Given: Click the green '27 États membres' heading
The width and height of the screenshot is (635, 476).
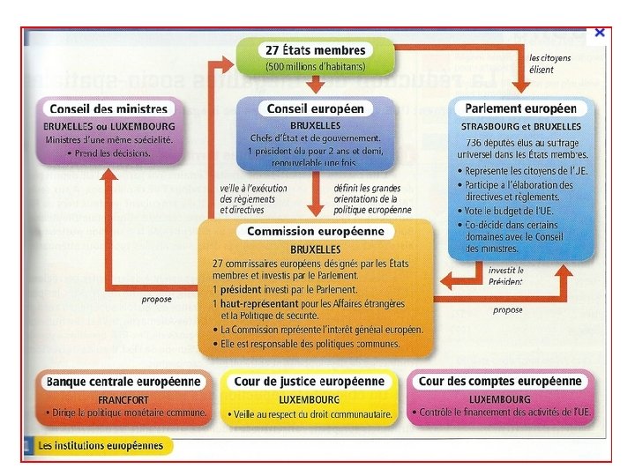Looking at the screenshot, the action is (x=315, y=50).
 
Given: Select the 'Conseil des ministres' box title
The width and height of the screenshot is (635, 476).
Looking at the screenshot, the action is (x=108, y=109).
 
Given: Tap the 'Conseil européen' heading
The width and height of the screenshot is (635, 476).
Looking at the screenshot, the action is (x=315, y=108).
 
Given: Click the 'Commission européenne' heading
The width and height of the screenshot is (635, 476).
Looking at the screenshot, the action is (x=315, y=232).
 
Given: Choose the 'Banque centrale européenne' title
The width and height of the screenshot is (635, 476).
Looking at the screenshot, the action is (x=123, y=382).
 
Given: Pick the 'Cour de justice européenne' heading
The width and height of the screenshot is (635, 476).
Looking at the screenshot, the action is (x=309, y=382).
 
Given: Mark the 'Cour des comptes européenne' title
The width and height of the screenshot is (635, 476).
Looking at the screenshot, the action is (x=500, y=382).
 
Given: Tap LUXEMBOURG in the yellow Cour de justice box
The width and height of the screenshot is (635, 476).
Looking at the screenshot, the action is (x=309, y=398).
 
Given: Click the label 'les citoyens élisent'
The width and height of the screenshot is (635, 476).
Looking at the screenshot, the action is (x=549, y=63).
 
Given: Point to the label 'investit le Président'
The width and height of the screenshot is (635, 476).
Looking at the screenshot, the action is (x=506, y=276).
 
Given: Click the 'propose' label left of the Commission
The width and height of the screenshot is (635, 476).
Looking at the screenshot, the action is (x=156, y=299).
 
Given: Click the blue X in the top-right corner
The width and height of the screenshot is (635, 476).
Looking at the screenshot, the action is (x=600, y=33).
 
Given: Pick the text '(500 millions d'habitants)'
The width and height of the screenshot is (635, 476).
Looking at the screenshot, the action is (x=315, y=66).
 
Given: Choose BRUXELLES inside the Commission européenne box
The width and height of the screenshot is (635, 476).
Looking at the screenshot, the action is (x=315, y=249).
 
